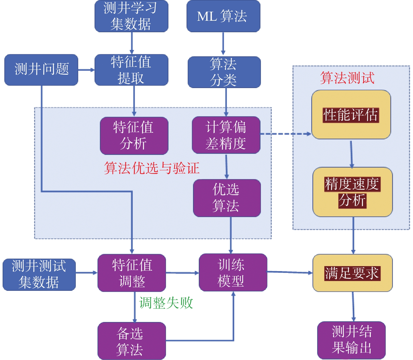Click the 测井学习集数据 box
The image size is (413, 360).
coord(131,16)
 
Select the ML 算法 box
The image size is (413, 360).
coord(223,16)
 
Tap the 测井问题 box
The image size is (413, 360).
coord(41,70)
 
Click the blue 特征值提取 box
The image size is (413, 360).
coord(131,70)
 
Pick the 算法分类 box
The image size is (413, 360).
coord(224,72)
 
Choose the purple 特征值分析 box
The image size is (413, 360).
coord(134,136)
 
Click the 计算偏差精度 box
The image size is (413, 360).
coord(226,135)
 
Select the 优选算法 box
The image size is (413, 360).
coord(227,198)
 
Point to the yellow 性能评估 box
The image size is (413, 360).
coord(351,115)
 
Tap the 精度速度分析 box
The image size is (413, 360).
coord(352,192)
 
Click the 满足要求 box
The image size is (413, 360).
coord(352,273)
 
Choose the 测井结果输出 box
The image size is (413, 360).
coord(351,340)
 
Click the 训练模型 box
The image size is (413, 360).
coord(233,272)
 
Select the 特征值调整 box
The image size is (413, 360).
coord(132,273)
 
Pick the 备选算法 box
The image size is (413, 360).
coord(132,341)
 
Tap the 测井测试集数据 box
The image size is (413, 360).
coord(39,275)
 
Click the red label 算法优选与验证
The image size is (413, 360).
coord(152,168)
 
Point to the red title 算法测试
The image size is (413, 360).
coord(347,78)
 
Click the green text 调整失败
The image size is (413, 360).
coord(166,303)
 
